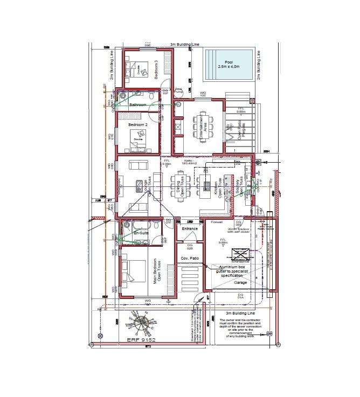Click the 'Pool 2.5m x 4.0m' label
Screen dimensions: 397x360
point(229,64)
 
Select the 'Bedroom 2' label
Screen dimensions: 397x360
point(138,125)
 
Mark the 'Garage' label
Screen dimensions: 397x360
point(240,282)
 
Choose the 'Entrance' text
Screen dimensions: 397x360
point(190,229)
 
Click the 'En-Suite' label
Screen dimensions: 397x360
point(141,233)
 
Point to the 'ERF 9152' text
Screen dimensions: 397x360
point(141,340)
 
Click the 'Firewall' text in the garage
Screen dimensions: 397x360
point(217,221)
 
